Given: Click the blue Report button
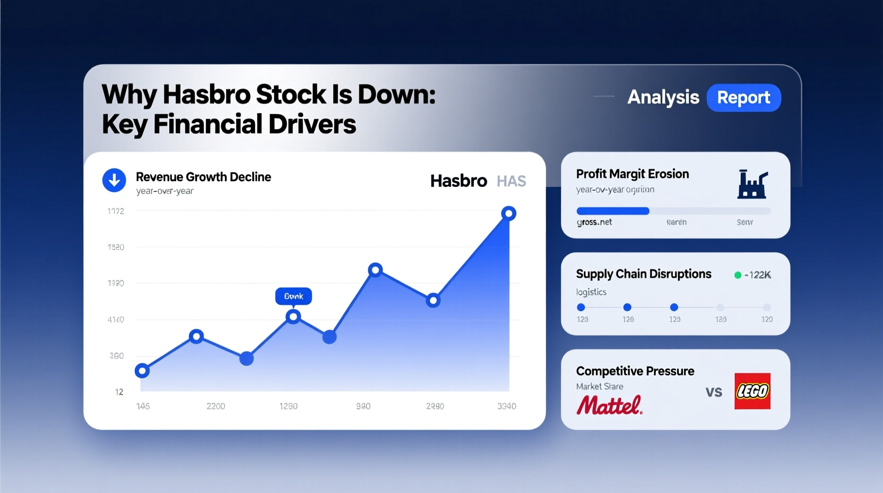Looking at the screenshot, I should pos(743,98).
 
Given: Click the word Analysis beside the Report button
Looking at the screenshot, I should pos(663,97).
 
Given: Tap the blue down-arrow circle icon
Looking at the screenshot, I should pos(114,180).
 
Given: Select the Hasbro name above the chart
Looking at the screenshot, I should pos(458,181).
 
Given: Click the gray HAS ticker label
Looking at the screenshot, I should pos(511,181).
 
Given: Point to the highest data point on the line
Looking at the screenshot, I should pos(508,214).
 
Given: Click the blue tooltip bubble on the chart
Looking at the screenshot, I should pos(293,296).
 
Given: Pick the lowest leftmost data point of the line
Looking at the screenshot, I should pos(142,371).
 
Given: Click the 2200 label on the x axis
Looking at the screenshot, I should pos(215,406).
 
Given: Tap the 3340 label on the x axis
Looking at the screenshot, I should pos(506,406).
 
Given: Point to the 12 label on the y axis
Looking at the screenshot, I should pos(119,392).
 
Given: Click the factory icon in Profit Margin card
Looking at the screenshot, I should pos(752,184).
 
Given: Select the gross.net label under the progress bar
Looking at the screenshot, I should pos(594,222).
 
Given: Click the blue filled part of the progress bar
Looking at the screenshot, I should pos(612,211).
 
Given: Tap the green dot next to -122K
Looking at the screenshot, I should pos(738,275).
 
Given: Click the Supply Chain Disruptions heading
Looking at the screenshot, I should pos(643,274).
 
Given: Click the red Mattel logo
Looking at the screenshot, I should pos(609,405).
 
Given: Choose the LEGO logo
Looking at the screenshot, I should pos(752,391).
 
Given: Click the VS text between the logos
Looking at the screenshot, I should pos(714,392).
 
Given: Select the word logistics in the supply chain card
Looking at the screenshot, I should pos(591,292).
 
